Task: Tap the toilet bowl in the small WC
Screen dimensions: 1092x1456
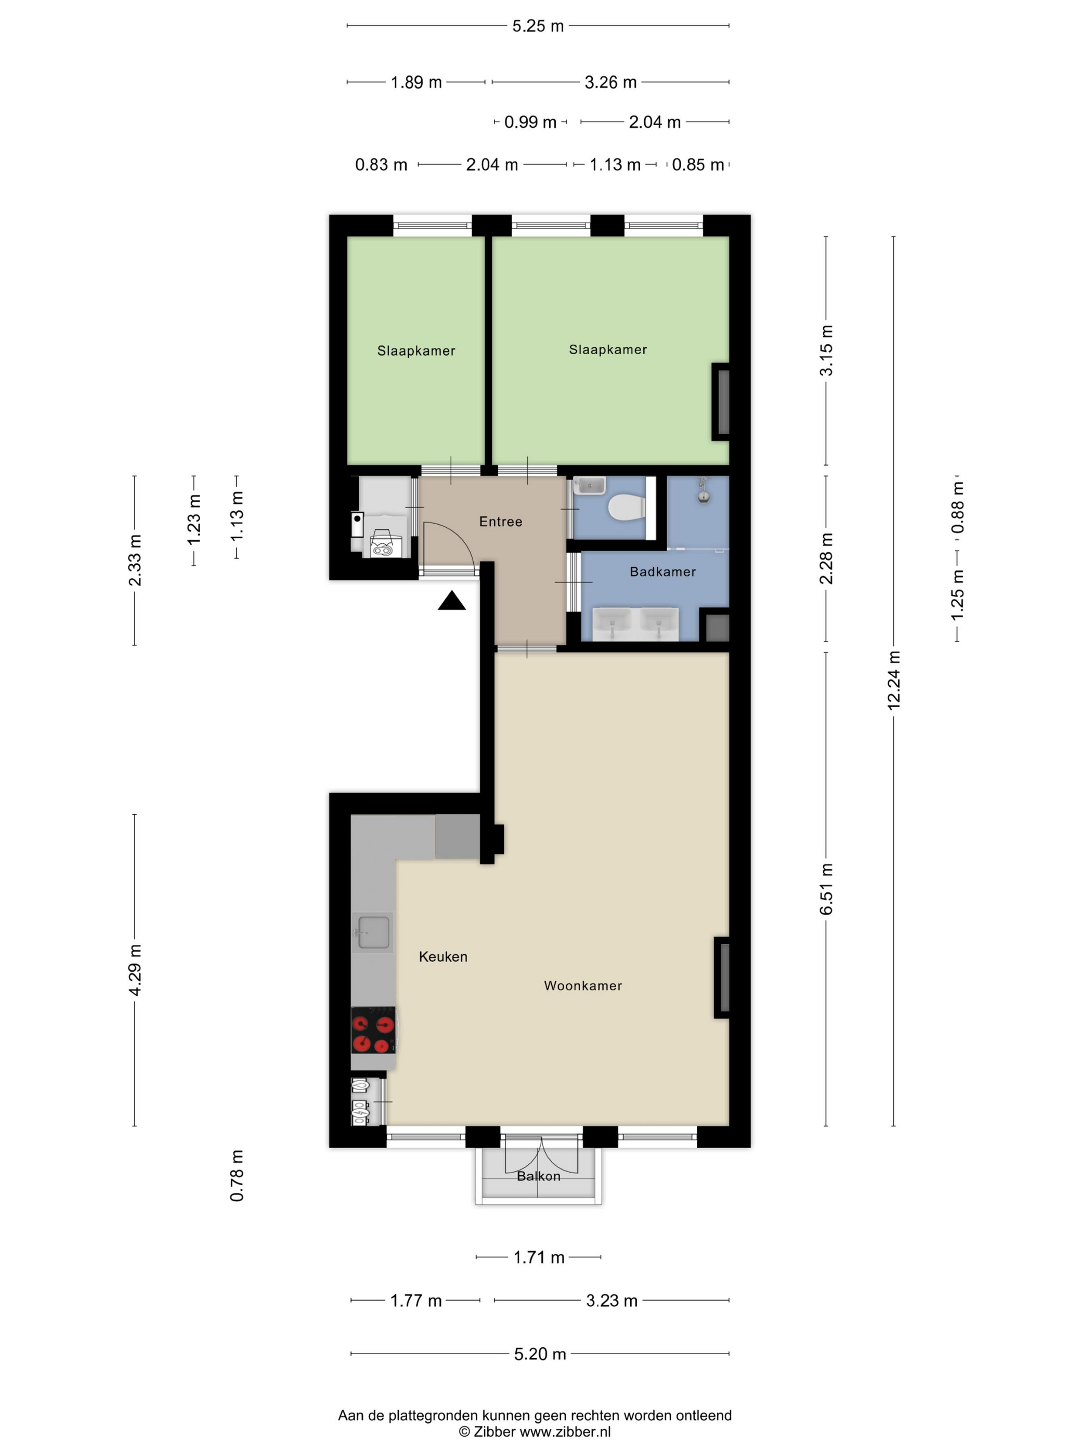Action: (626, 508)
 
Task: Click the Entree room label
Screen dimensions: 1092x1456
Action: (501, 522)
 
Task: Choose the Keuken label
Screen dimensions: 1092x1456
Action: (443, 956)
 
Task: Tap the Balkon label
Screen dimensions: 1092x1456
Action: (538, 1176)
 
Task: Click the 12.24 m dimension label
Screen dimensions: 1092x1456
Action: (893, 681)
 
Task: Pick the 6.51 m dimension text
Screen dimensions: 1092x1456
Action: (826, 889)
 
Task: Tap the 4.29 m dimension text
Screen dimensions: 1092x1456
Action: (135, 970)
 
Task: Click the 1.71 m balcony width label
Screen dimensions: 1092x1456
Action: (539, 1257)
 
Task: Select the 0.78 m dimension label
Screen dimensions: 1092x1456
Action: (237, 1176)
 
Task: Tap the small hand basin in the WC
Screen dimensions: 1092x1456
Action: (589, 486)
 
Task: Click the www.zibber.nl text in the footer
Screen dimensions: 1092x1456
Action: (565, 1431)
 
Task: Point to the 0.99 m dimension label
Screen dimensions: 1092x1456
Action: (530, 122)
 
